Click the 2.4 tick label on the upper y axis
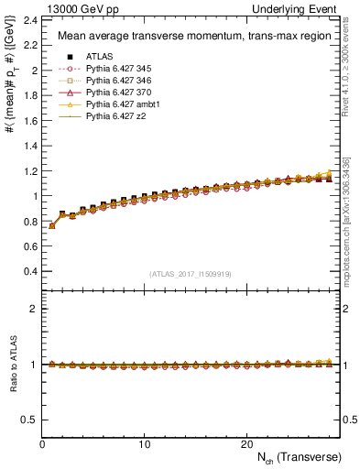click(29, 19)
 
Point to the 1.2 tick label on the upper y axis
click(29, 170)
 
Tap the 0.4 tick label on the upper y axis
click(29, 271)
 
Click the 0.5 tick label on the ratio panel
click(29, 420)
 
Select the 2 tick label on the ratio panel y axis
click(34, 309)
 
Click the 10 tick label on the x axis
click(144, 443)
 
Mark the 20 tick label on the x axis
click(246, 443)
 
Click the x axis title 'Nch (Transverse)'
click(302, 456)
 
